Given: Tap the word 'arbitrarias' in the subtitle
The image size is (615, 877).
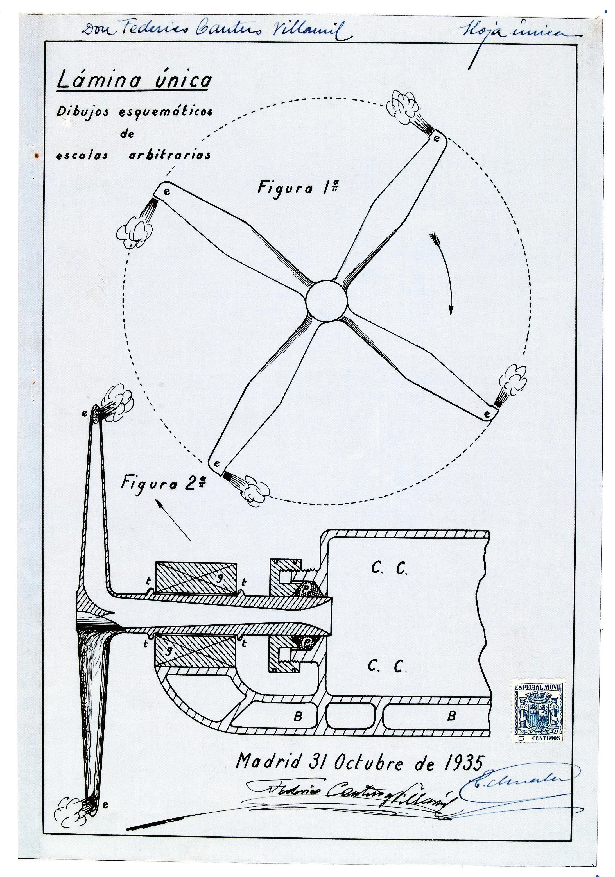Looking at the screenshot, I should pyautogui.click(x=169, y=155).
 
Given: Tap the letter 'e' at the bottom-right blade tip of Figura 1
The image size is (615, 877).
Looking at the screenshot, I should pyautogui.click(x=487, y=414).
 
